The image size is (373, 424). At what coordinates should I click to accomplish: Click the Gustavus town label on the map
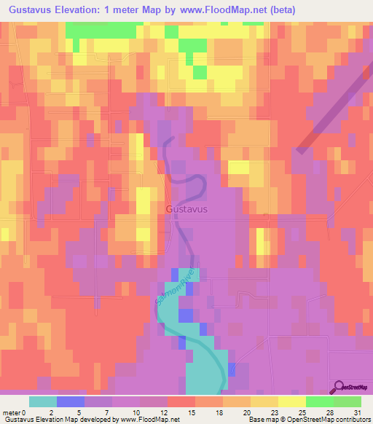[x=186, y=209]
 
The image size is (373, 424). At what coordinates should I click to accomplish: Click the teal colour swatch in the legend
[x=43, y=401]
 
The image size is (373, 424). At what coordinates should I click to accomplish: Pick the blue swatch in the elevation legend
[x=71, y=401]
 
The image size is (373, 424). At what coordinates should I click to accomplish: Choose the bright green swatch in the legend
[x=320, y=401]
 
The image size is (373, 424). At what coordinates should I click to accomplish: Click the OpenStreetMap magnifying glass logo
[x=339, y=388]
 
